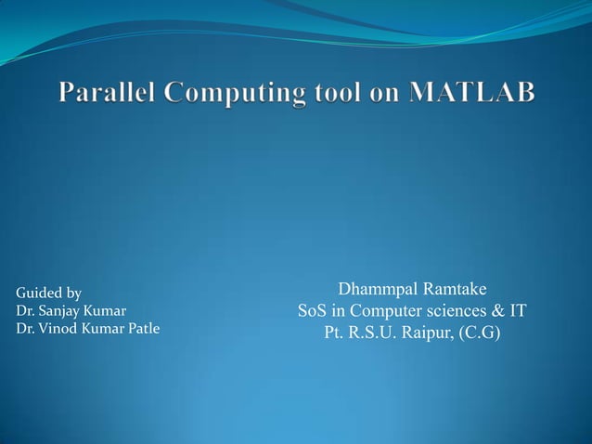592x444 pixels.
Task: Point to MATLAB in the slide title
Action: (x=471, y=93)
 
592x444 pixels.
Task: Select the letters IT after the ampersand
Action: (x=517, y=310)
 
